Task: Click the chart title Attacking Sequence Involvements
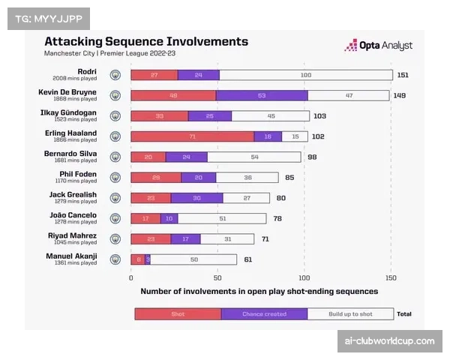point(146,41)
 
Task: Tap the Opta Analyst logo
point(378,46)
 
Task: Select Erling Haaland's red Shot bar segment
point(192,136)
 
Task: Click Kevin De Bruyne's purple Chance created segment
point(262,95)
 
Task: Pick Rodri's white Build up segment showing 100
point(305,75)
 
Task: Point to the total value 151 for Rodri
point(403,75)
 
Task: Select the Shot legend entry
point(178,313)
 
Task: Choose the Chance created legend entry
point(264,313)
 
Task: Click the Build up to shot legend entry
point(349,313)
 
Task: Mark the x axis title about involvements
point(259,291)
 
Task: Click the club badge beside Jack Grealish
point(115,198)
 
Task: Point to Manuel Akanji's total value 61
point(247,259)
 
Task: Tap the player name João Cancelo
point(79,214)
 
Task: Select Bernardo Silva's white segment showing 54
point(254,157)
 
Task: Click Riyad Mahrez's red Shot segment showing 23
point(151,238)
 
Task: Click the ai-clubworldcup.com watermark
point(389,340)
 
